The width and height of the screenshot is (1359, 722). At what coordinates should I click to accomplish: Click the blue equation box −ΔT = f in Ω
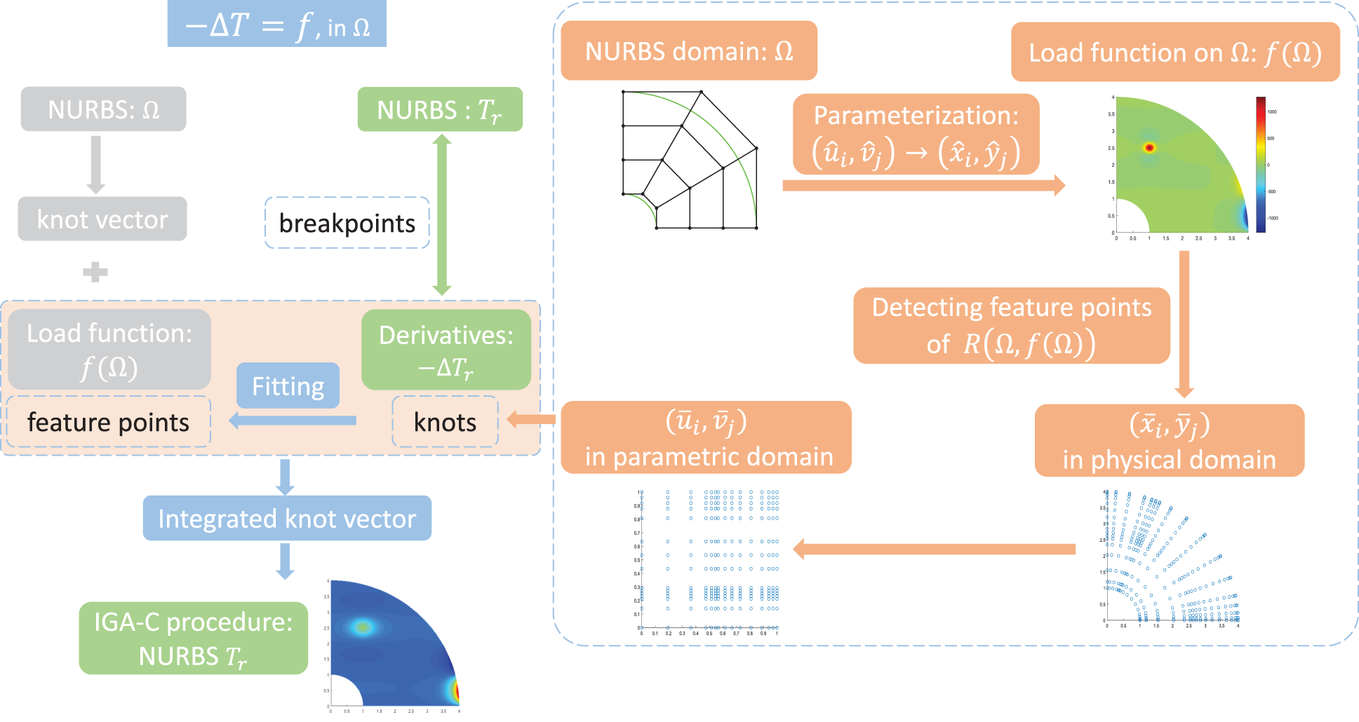[x=276, y=25]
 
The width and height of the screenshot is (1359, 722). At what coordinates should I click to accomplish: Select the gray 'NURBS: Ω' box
[x=103, y=109]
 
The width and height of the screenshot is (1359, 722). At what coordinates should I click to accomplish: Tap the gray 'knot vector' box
[x=102, y=219]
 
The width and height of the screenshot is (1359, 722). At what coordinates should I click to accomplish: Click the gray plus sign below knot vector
[x=95, y=272]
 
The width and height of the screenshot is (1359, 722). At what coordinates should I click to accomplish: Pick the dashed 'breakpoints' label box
[x=347, y=223]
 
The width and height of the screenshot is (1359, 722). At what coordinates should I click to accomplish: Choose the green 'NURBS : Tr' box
[x=440, y=109]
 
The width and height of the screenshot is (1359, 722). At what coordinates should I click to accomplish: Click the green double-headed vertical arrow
[x=441, y=214]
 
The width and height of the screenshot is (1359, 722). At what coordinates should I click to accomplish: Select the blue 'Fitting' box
[x=288, y=386]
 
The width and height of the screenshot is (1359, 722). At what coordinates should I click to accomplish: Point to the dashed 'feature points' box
[x=108, y=422]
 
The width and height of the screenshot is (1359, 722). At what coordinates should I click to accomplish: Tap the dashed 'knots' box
[x=445, y=422]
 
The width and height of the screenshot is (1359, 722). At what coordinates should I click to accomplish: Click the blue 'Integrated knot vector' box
[x=287, y=518]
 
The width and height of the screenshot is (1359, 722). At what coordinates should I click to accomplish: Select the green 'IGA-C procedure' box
[x=193, y=638]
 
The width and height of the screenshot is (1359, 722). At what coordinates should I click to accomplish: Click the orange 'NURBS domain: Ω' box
[x=689, y=50]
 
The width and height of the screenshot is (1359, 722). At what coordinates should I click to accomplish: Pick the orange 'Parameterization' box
[x=916, y=134]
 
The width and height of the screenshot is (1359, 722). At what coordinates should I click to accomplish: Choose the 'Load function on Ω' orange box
[x=1175, y=53]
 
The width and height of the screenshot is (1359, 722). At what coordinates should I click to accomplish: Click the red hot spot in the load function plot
[x=1149, y=147]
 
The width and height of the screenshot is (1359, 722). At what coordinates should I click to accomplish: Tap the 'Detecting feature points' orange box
[x=1011, y=325]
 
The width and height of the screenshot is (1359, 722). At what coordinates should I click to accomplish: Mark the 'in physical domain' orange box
[x=1169, y=441]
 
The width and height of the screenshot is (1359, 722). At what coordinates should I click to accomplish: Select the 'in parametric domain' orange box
[x=706, y=438]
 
